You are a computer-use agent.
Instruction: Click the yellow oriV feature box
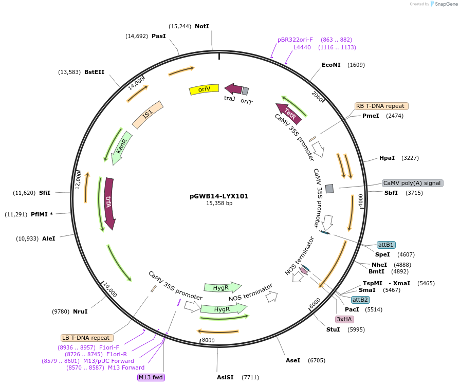(204, 89)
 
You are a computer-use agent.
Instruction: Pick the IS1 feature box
(148, 114)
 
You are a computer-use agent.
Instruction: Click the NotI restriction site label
(202, 26)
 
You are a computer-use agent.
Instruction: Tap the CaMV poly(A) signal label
(412, 183)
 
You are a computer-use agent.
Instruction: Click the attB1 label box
(386, 245)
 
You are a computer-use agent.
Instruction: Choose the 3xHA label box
(341, 319)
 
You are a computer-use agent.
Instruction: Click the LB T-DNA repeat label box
(86, 338)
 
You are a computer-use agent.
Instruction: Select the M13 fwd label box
(151, 377)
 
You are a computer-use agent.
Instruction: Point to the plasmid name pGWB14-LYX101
(219, 196)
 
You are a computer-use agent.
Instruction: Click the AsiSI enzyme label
(225, 377)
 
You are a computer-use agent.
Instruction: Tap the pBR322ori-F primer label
(295, 40)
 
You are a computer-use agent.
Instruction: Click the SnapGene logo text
(444, 4)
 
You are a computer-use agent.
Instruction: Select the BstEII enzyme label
(94, 72)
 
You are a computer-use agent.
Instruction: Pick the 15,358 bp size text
(219, 204)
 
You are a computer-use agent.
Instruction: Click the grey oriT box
(246, 91)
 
